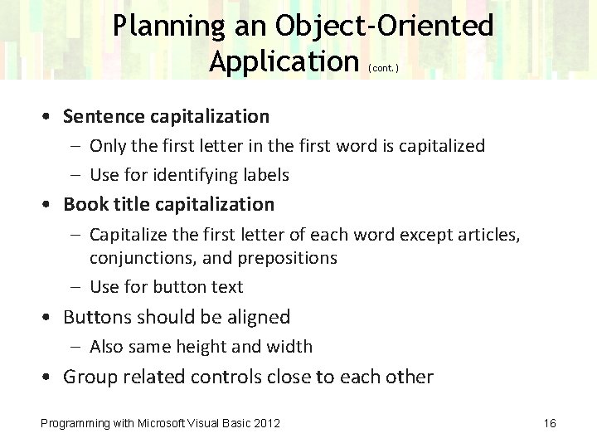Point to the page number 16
550,424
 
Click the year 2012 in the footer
265,424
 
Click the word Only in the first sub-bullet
107,146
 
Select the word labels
266,175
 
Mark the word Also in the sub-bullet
106,347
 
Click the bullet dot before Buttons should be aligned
51,318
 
